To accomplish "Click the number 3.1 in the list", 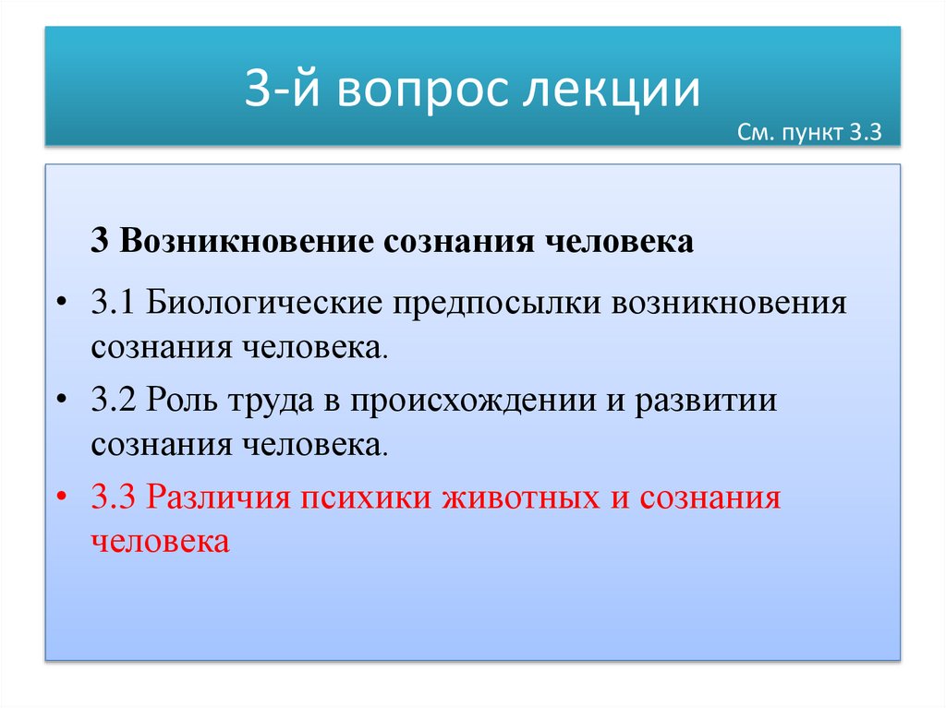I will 113,304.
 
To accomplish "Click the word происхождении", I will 473,402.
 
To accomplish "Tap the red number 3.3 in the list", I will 113,498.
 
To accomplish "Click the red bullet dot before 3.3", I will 62,499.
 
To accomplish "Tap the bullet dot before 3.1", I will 62,305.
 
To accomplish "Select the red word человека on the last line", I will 159,540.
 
